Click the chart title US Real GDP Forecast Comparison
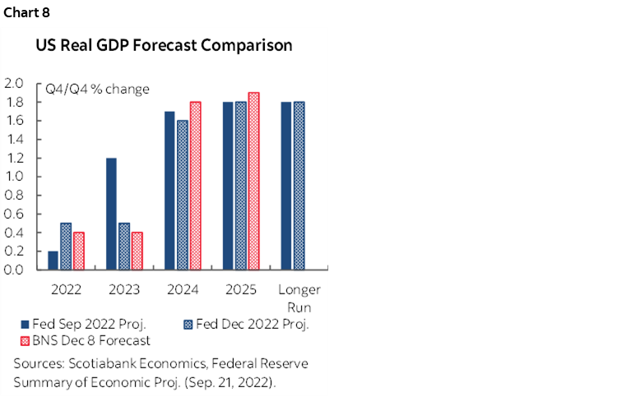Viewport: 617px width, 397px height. [x=163, y=46]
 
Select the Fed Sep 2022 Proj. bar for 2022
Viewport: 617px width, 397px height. [x=53, y=261]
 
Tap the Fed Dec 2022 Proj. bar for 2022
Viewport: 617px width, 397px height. [x=65, y=246]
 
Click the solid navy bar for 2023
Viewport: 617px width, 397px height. [x=111, y=214]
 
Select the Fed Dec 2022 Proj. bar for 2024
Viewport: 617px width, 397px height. [x=182, y=195]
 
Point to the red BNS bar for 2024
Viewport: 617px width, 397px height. [x=195, y=186]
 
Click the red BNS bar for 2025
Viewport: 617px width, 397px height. [x=253, y=181]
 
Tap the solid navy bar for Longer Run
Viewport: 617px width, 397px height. [x=286, y=186]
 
